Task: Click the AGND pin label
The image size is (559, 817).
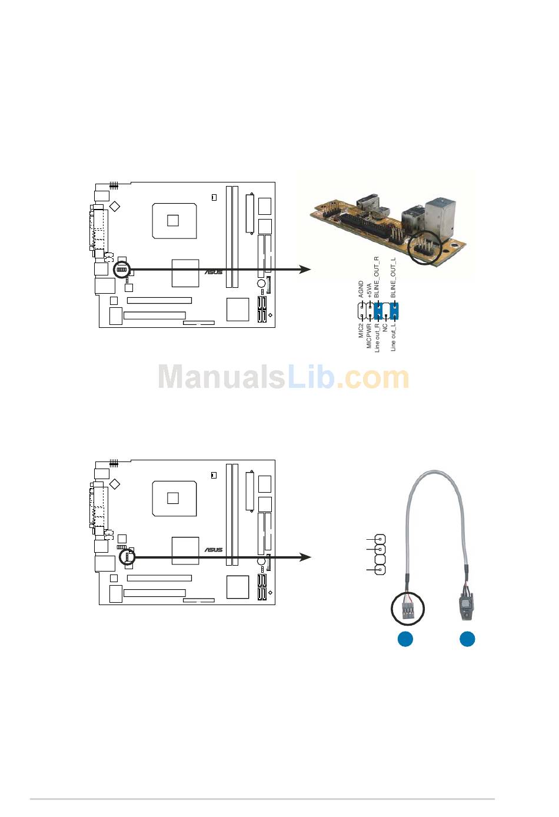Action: [361, 289]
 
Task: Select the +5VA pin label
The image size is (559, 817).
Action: [369, 291]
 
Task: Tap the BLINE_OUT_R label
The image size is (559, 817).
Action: [377, 277]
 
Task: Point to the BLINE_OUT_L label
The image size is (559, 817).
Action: [393, 278]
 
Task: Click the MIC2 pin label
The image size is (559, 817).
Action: [361, 330]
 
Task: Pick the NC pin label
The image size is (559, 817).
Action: [385, 327]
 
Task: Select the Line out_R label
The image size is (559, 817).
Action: [377, 338]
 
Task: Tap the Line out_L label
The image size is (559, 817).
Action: [393, 337]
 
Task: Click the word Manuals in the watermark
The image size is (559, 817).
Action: [221, 377]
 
